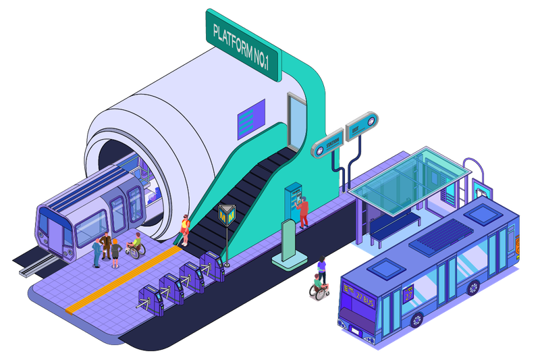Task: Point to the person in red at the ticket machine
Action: pos(304,211)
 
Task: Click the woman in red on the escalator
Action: pos(184,230)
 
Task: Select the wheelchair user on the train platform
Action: pos(136,247)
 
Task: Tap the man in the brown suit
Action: pos(106,246)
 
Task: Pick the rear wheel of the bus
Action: pos(473,287)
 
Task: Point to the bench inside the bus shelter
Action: pos(395,226)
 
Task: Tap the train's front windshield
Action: pos(51,227)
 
